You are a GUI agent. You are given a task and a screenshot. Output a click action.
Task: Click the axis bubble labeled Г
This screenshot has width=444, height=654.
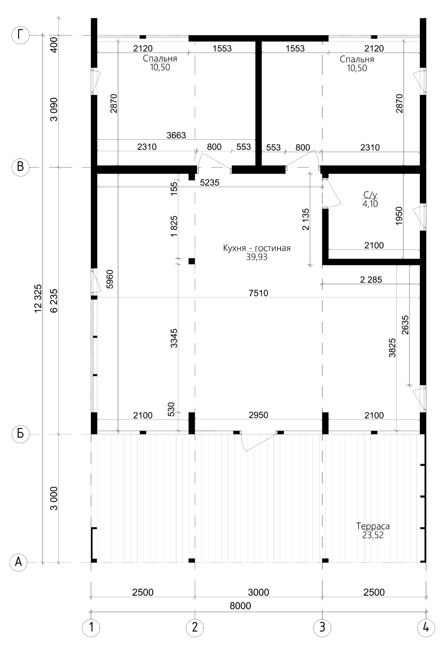pyautogui.click(x=20, y=36)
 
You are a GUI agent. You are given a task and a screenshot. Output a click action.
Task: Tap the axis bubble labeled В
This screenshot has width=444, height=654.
pyautogui.click(x=20, y=167)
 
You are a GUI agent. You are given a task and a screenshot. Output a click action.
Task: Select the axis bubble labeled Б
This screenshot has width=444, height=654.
pyautogui.click(x=20, y=434)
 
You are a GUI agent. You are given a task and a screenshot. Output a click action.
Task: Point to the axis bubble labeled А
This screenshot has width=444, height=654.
pyautogui.click(x=18, y=562)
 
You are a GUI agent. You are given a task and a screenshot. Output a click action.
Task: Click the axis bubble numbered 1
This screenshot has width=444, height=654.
pyautogui.click(x=91, y=628)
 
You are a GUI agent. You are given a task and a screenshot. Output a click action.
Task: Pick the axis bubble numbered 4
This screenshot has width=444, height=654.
pyautogui.click(x=426, y=628)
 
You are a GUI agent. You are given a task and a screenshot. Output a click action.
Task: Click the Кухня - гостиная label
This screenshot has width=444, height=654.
pyautogui.click(x=257, y=248)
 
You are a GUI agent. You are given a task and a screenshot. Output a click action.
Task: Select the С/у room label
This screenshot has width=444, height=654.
pyautogui.click(x=370, y=195)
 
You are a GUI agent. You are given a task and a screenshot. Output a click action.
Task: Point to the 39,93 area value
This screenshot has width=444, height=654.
pyautogui.click(x=257, y=257)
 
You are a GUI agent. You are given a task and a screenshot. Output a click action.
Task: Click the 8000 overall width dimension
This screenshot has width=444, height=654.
pyautogui.click(x=240, y=606)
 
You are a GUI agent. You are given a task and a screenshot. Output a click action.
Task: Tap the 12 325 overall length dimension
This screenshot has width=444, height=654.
pyautogui.click(x=38, y=298)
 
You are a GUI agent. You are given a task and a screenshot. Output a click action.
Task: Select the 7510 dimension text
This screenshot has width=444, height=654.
pyautogui.click(x=258, y=292)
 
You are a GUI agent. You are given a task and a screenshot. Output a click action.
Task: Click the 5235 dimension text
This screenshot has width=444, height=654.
pyautogui.click(x=210, y=183)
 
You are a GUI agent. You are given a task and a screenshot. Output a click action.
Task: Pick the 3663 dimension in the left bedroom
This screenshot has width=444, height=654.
pyautogui.click(x=176, y=135)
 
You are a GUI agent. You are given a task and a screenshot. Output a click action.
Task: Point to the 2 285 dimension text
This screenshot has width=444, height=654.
pyautogui.click(x=371, y=280)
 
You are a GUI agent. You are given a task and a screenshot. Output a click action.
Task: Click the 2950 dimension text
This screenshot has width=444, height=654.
pyautogui.click(x=258, y=415)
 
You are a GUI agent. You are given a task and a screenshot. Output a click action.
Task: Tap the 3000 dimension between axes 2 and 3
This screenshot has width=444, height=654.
pyautogui.click(x=258, y=592)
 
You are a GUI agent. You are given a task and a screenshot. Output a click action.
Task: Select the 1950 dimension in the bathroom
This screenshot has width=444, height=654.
pyautogui.click(x=399, y=215)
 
